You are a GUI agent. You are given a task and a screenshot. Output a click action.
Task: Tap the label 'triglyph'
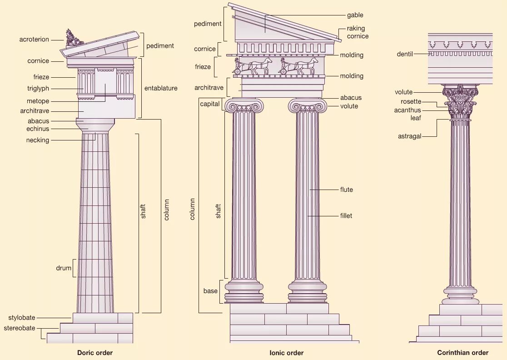click(x=38, y=89)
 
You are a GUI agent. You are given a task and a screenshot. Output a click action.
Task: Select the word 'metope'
click(x=38, y=101)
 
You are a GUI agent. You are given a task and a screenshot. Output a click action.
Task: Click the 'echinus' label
click(x=38, y=129)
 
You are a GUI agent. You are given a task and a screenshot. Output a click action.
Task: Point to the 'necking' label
click(x=38, y=140)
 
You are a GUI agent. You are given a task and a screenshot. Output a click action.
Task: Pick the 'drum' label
click(x=64, y=268)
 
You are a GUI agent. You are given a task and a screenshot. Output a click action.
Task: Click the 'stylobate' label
click(x=22, y=318)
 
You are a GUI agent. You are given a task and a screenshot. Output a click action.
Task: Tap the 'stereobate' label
click(x=20, y=328)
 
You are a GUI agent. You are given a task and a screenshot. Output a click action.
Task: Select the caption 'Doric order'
click(x=95, y=353)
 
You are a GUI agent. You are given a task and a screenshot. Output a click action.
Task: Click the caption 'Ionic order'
click(x=286, y=353)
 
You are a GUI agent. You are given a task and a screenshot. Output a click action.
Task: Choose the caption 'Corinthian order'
click(x=462, y=353)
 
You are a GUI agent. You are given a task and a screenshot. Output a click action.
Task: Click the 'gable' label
click(x=355, y=15)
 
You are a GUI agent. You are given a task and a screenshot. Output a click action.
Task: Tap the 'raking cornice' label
click(x=358, y=32)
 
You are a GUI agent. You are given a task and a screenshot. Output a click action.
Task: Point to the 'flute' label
click(x=346, y=190)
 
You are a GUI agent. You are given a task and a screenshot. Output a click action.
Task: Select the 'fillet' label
click(x=346, y=215)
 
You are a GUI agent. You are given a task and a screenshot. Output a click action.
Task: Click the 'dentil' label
click(x=405, y=54)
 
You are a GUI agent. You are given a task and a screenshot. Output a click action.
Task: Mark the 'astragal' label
click(x=410, y=136)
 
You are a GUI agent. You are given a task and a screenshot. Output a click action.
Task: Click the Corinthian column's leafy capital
click(x=461, y=103)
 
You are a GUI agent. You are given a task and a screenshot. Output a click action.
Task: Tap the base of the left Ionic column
click(x=244, y=291)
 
